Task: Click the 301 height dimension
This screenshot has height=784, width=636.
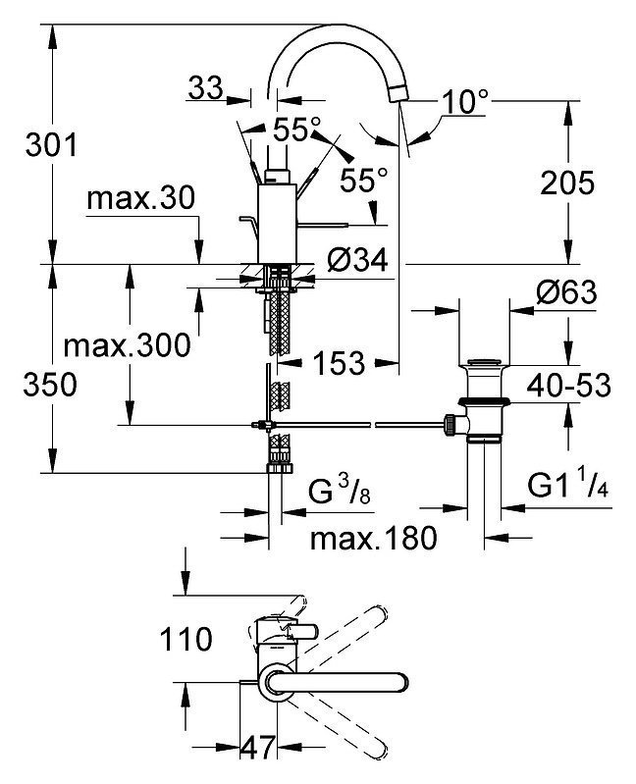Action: tap(51, 145)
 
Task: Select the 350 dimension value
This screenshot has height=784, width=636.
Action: tap(50, 385)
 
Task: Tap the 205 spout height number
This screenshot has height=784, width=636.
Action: tap(567, 183)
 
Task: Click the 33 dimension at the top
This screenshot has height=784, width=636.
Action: tap(205, 89)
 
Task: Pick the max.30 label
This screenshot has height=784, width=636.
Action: tap(141, 198)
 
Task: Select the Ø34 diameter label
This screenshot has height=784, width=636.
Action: tap(357, 260)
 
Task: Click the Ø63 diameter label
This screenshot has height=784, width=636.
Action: tap(566, 292)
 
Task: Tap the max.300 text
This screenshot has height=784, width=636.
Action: tap(127, 345)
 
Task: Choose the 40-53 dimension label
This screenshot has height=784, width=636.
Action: tap(569, 385)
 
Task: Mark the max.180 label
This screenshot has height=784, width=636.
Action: tap(374, 539)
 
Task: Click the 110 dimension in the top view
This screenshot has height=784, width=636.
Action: tap(186, 640)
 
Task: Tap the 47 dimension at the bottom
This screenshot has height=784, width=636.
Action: tap(258, 748)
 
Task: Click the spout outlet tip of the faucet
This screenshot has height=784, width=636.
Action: tap(397, 93)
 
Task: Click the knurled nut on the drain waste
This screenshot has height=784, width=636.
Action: tap(451, 425)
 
